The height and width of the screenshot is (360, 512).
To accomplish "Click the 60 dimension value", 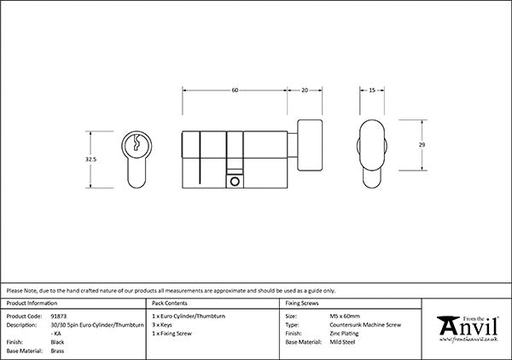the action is pyautogui.click(x=235, y=90).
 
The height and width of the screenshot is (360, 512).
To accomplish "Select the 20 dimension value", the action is pyautogui.click(x=305, y=90).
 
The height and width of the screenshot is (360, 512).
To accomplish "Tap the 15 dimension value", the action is pyautogui.click(x=372, y=90).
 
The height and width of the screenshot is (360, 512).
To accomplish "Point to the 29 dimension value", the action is pyautogui.click(x=422, y=144).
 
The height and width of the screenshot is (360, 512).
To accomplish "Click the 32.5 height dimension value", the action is pyautogui.click(x=90, y=160).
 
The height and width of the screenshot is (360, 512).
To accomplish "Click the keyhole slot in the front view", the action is pyautogui.click(x=137, y=142).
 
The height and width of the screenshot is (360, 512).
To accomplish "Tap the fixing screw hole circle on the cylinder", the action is pyautogui.click(x=235, y=182).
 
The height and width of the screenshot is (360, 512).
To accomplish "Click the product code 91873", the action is pyautogui.click(x=58, y=316).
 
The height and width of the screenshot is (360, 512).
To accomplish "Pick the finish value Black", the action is pyautogui.click(x=57, y=342).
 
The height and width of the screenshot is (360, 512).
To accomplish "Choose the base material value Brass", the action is pyautogui.click(x=57, y=351).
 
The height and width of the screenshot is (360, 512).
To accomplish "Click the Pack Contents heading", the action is pyautogui.click(x=170, y=303).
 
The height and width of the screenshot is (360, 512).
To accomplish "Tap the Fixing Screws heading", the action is pyautogui.click(x=302, y=303).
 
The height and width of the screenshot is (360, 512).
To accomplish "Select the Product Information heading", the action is pyautogui.click(x=32, y=303).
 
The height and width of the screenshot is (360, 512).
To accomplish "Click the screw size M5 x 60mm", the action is pyautogui.click(x=345, y=316).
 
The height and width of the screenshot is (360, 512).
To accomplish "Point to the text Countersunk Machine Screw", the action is pyautogui.click(x=365, y=325).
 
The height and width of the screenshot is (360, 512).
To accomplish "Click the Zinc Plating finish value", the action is pyautogui.click(x=344, y=334).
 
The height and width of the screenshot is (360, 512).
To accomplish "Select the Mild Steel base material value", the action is pyautogui.click(x=342, y=342).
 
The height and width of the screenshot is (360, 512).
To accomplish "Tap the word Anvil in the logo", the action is pyautogui.click(x=468, y=327).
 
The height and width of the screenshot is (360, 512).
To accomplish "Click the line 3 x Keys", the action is pyautogui.click(x=162, y=325).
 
